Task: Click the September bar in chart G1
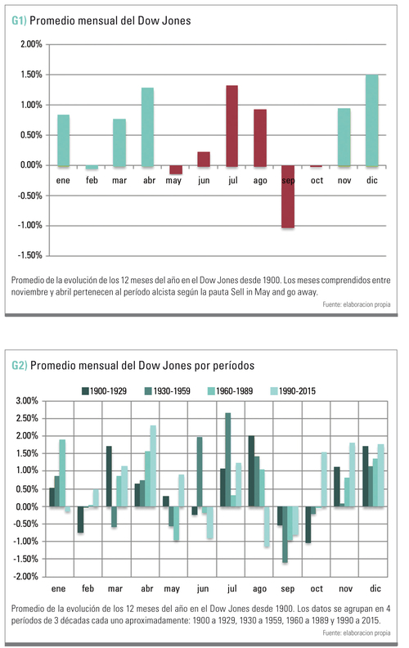tap(288, 196)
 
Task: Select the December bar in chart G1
tap(372, 120)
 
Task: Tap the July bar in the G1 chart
tap(232, 126)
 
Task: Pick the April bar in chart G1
tap(147, 127)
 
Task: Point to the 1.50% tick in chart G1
tap(31, 74)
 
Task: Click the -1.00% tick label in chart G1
tap(29, 225)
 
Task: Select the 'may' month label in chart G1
tap(173, 181)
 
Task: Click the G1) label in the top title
tap(19, 20)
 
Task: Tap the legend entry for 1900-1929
tap(105, 391)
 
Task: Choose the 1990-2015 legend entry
tap(293, 391)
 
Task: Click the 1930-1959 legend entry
tap(168, 391)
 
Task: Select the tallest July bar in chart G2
tap(227, 460)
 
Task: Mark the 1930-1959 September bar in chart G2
tap(285, 534)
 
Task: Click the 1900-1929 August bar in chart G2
tap(251, 471)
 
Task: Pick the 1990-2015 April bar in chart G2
tap(153, 466)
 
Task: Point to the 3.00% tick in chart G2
tap(27, 400)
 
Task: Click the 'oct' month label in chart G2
tap(317, 588)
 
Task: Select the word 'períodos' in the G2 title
tap(233, 366)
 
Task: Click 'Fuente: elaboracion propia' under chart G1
tap(357, 304)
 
